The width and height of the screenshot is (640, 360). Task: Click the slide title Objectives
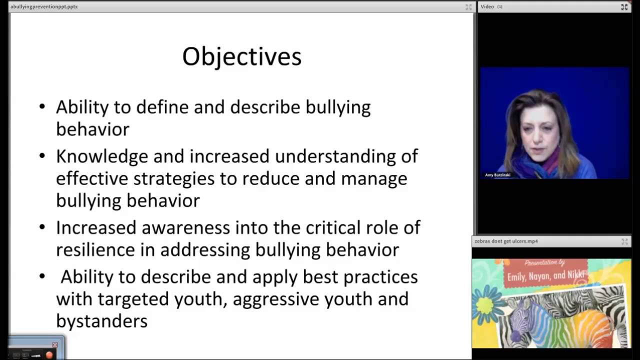(x=241, y=56)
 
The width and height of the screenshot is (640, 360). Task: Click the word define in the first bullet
(x=162, y=107)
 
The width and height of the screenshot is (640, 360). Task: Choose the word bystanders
(x=101, y=321)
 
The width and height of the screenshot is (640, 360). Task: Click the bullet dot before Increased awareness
(x=42, y=227)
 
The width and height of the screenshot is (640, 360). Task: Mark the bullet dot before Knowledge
(x=42, y=156)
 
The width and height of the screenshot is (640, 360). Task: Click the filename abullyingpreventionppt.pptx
(x=44, y=6)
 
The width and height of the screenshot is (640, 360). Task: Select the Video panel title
(x=487, y=6)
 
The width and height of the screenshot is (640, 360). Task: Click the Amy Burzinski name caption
(x=497, y=175)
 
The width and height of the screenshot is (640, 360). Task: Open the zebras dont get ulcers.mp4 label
(x=506, y=241)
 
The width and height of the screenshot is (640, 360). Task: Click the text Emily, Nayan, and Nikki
(x=545, y=276)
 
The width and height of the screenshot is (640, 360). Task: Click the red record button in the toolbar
(x=49, y=355)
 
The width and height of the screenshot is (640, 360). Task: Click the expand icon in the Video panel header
(x=624, y=6)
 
